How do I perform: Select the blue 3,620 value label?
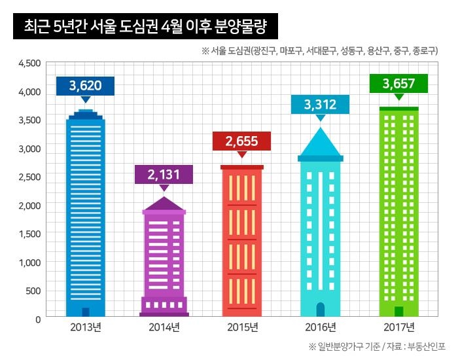point(85,85)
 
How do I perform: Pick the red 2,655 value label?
point(241,141)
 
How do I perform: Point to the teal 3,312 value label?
point(320,103)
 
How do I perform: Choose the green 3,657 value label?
point(398,84)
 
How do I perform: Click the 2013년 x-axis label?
point(86,327)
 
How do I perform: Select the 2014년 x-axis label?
point(164,327)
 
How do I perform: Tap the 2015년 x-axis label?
point(241,327)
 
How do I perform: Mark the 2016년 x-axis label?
point(320,327)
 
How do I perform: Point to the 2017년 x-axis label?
point(398,327)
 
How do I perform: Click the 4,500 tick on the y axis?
point(30,63)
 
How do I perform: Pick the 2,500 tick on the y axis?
point(30,177)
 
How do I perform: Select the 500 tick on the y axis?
point(33,291)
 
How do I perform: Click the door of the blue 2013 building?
point(86,312)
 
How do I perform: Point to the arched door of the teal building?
point(320,309)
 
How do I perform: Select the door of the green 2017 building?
point(398,311)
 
